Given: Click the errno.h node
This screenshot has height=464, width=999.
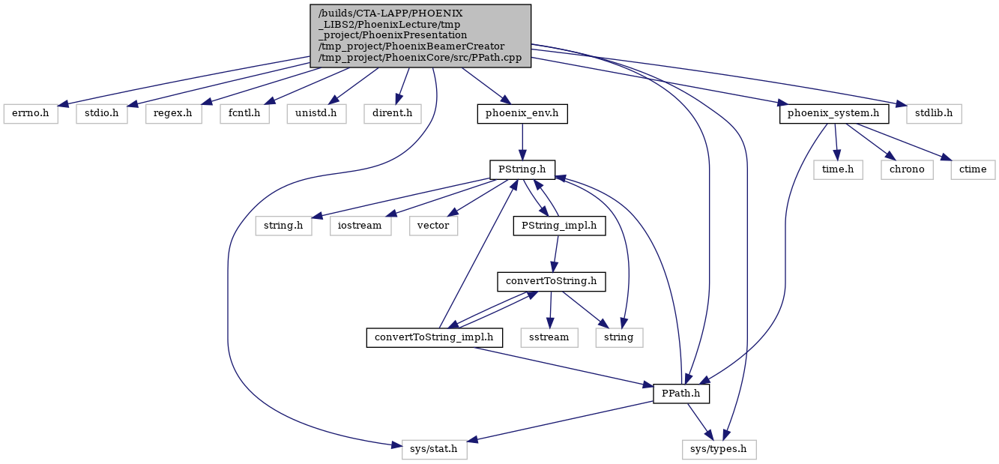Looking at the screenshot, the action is click(31, 114).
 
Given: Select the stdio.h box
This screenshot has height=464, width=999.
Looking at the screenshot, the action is click(102, 114).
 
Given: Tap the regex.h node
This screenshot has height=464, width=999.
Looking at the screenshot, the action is click(173, 114).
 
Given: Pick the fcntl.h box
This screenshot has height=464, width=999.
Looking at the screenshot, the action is click(244, 114).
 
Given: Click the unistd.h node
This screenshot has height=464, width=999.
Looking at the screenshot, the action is click(317, 114).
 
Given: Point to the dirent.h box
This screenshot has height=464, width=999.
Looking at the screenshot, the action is click(393, 114).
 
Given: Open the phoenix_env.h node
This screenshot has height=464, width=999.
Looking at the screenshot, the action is click(522, 114).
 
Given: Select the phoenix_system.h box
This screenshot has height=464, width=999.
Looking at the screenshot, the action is click(834, 114).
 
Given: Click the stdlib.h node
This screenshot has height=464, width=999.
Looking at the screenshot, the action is click(934, 114).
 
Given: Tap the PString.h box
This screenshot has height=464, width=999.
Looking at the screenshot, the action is click(522, 170).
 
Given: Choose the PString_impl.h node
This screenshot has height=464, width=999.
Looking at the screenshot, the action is click(559, 226).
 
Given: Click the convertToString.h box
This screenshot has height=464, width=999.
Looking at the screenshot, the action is click(552, 282).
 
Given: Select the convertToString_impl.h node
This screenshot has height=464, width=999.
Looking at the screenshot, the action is click(435, 338).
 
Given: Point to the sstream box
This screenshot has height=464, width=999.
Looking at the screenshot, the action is click(549, 338).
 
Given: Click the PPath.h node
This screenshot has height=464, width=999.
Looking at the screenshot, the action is click(681, 394).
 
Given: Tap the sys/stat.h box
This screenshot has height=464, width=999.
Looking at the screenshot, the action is click(435, 450).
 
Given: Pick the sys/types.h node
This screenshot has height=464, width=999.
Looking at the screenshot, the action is click(719, 450).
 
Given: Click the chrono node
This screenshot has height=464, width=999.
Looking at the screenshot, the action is click(907, 170).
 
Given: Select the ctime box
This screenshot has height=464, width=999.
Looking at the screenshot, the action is click(973, 170).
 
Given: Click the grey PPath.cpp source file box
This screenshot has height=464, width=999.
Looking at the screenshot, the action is click(420, 36).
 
